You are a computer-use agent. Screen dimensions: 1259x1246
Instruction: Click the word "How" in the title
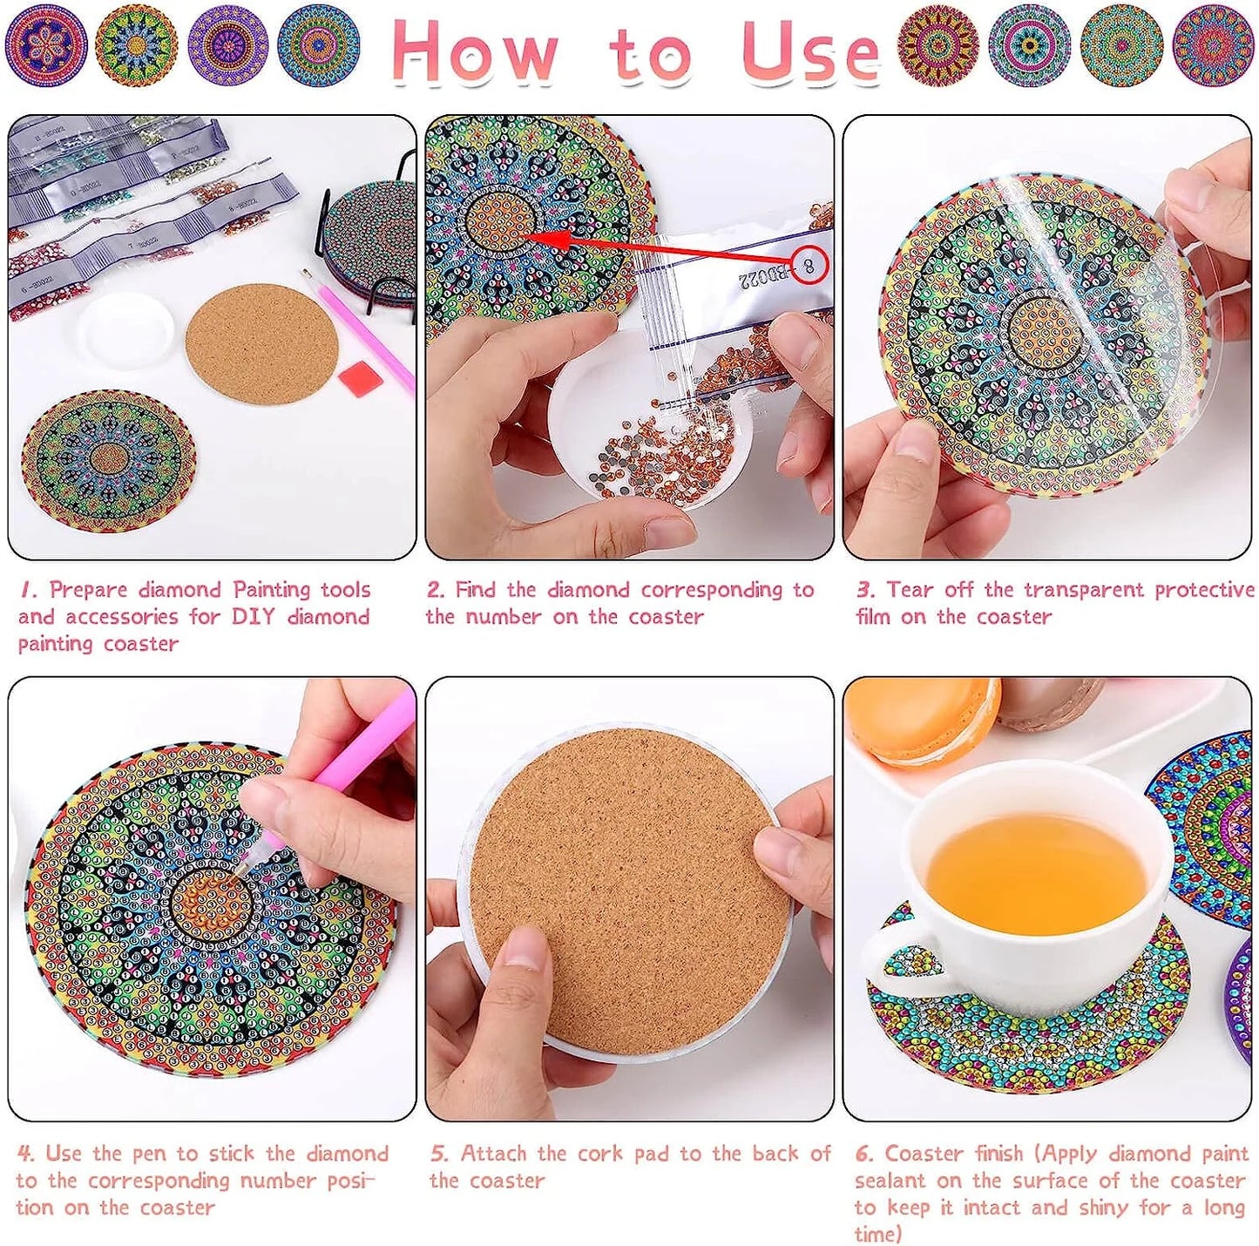pos(476,51)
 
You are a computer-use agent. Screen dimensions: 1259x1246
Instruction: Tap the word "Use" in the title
pos(811,51)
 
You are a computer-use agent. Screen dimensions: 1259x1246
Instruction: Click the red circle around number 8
pos(810,264)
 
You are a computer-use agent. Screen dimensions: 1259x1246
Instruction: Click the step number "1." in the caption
pos(27,590)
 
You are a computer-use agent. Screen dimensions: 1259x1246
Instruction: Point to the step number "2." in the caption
pos(437,590)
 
